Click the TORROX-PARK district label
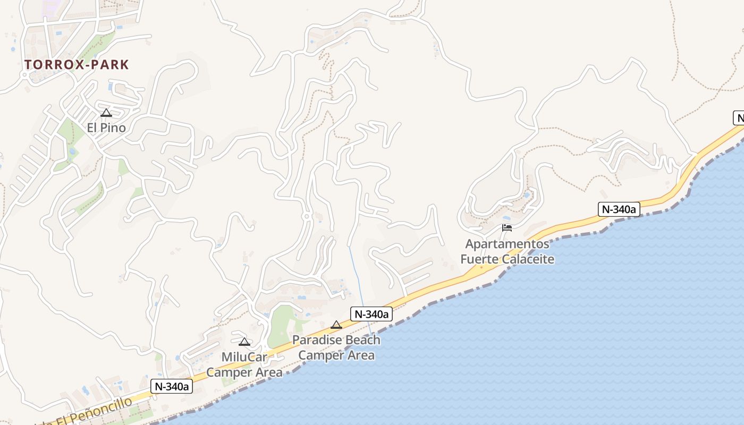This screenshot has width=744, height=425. tap(77, 65)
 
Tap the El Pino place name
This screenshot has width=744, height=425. tap(106, 127)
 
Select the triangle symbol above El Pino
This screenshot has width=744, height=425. tap(106, 113)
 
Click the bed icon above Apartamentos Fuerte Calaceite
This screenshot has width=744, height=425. tap(507, 228)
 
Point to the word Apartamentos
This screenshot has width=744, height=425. tap(507, 244)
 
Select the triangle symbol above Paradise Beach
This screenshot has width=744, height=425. tap(336, 325)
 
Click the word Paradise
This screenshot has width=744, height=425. tap(319, 340)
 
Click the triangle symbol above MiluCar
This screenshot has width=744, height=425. tap(244, 342)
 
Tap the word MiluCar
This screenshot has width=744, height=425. tap(244, 357)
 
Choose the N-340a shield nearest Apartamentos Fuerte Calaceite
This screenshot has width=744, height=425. tap(619, 209)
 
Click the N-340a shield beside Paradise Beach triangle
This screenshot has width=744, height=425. tap(371, 314)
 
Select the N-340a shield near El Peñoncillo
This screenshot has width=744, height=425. tap(172, 386)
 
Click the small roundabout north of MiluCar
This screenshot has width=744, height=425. tap(306, 216)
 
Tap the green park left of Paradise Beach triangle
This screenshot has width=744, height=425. tap(282, 325)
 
